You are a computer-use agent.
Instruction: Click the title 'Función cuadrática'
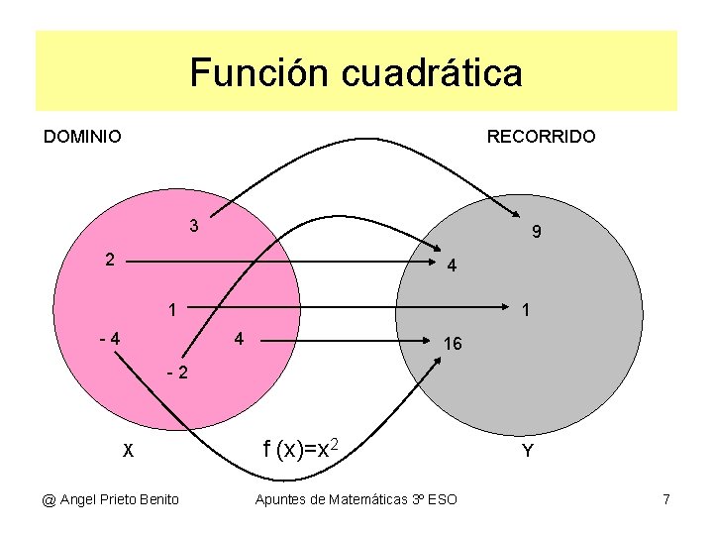356,73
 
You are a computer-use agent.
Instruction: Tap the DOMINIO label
82,137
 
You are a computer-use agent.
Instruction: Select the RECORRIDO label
541,137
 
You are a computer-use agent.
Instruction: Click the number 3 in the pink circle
195,226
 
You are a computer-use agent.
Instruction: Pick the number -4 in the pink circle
110,338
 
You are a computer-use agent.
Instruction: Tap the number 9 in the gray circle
535,234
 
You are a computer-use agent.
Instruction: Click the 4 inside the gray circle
451,267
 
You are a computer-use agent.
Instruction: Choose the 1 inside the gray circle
526,310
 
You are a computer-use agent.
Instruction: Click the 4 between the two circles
238,339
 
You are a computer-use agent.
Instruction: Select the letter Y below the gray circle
527,452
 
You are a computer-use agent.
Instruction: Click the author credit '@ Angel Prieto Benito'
110,499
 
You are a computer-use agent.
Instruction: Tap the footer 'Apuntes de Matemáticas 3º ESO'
356,499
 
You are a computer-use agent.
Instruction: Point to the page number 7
665,499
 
